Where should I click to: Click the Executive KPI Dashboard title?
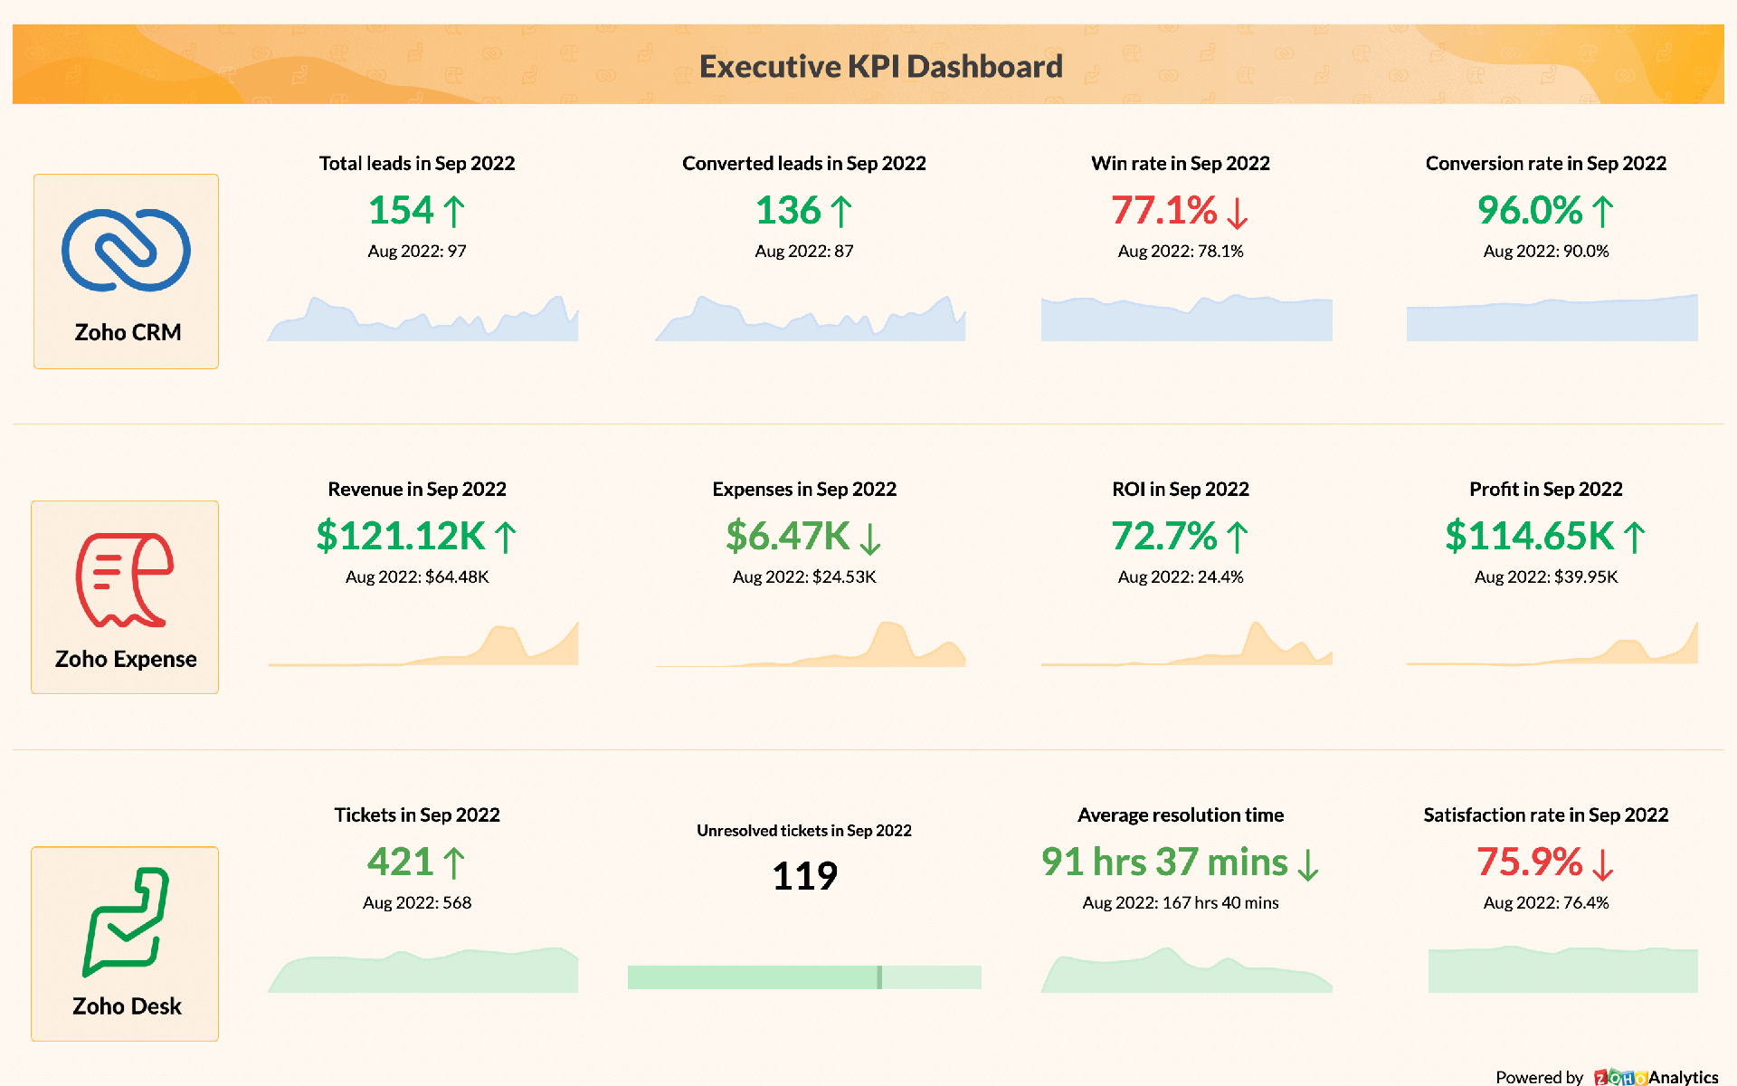[880, 66]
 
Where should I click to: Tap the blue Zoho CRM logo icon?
[126, 251]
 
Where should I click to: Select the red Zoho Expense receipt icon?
[125, 579]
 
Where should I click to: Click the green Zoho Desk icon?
[126, 922]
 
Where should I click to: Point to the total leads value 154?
[401, 211]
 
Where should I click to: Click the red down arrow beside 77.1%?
[1237, 213]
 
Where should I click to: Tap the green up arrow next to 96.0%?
[1602, 212]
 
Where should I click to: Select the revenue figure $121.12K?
[401, 537]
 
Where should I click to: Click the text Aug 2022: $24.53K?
[804, 577]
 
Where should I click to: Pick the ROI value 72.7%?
[1163, 537]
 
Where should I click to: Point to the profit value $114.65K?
[1529, 537]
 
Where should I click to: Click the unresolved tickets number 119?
[804, 876]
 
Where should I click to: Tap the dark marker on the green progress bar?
[879, 977]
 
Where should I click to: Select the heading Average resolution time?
[1180, 815]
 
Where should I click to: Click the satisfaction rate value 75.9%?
[1529, 862]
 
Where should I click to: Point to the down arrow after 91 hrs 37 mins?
[1307, 864]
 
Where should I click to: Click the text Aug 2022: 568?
[417, 903]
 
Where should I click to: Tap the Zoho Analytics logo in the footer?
[1656, 1077]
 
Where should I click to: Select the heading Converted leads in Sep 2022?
[803, 164]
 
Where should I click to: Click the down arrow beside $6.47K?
[869, 538]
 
